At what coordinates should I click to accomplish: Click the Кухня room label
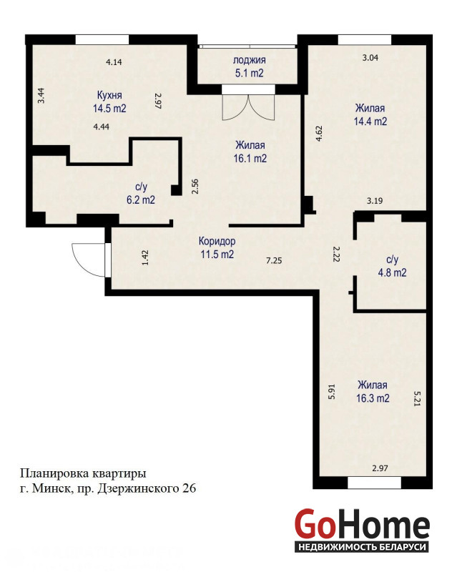point(109,95)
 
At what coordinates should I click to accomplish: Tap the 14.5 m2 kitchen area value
point(109,109)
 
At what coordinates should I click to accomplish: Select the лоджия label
point(250,60)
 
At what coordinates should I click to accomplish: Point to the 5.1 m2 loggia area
point(250,73)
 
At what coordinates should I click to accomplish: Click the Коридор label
point(217,241)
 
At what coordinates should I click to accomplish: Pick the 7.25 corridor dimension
point(274,260)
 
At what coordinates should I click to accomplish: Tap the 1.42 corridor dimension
point(145,257)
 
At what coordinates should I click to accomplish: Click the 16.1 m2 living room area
point(250,158)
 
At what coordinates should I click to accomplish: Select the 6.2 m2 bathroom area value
point(140,200)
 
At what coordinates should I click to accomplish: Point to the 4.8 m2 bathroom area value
point(392,272)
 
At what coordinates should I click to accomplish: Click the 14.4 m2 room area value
point(370,121)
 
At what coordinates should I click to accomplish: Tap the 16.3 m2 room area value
point(373,398)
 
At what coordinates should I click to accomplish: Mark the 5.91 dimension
point(331,391)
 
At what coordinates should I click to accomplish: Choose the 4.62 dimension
point(318,134)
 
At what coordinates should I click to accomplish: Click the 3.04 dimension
point(370,57)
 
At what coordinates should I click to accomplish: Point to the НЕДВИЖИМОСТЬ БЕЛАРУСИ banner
point(362,547)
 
